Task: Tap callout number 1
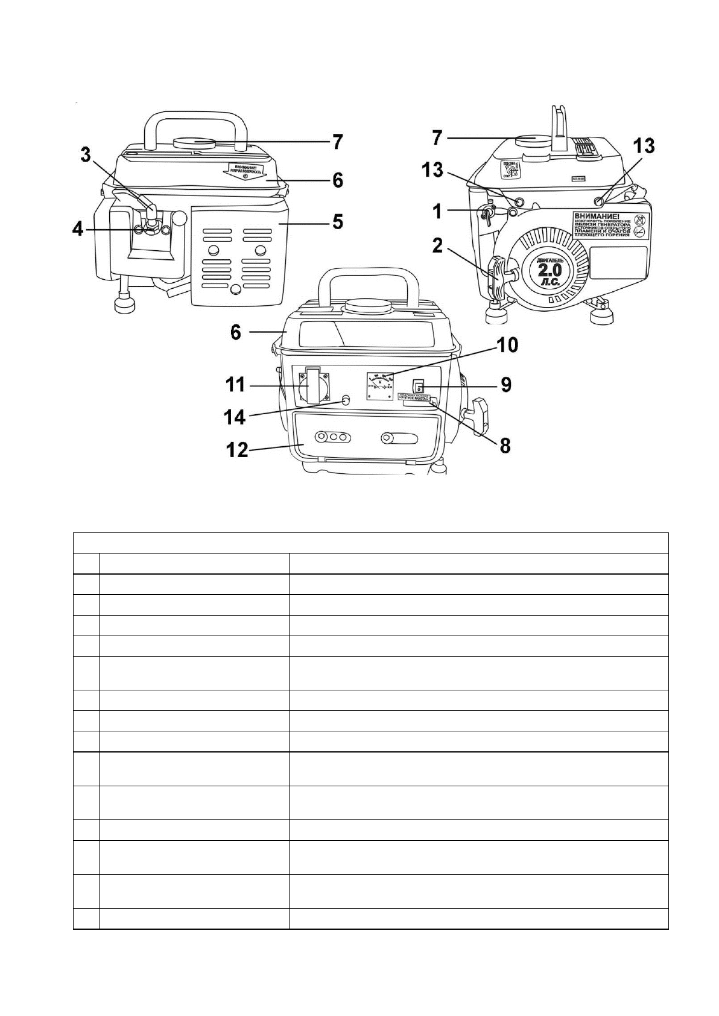tap(438, 212)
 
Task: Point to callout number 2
tap(439, 246)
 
